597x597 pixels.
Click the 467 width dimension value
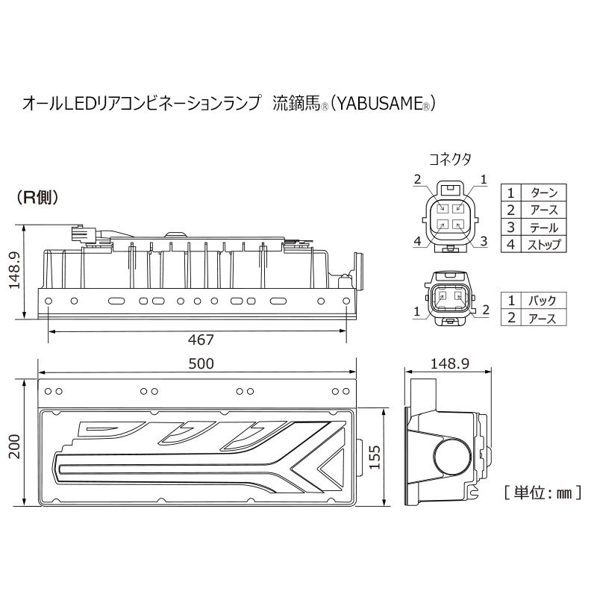201,340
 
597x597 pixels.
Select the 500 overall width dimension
201,364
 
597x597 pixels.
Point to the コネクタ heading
450,159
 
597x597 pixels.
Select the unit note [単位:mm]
543,493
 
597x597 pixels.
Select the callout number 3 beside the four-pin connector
484,240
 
